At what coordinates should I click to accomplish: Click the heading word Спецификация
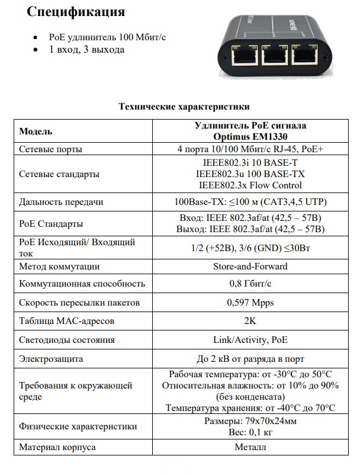(76, 12)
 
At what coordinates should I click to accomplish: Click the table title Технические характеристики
(184, 107)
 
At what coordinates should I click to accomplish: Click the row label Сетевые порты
(51, 149)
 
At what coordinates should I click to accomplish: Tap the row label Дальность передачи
(62, 202)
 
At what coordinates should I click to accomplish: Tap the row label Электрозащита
(52, 358)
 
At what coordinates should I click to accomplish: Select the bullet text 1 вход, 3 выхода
(87, 50)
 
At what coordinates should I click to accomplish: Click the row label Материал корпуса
(57, 447)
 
